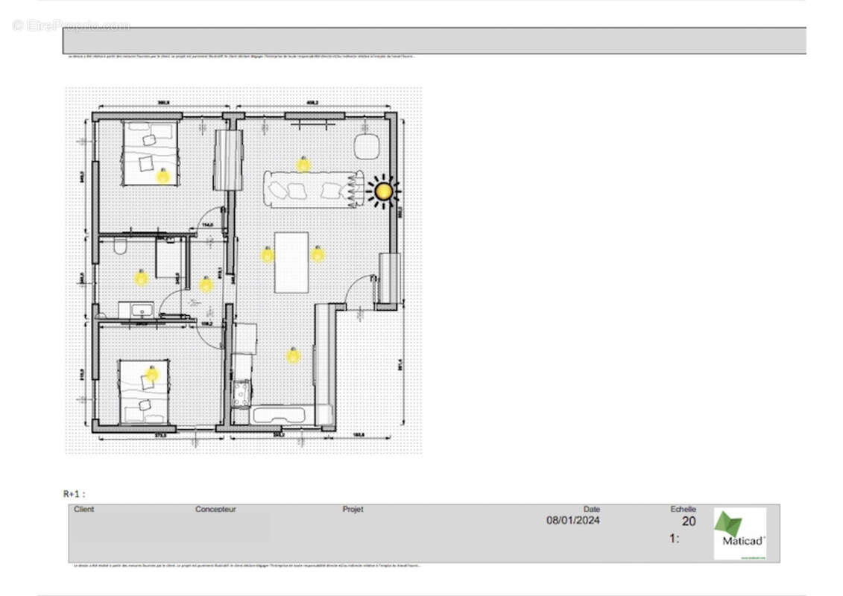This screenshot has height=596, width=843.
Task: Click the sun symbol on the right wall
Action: click(x=383, y=191)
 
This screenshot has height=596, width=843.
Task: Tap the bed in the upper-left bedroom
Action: click(x=149, y=153)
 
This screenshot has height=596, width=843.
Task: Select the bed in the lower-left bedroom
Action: click(x=145, y=391)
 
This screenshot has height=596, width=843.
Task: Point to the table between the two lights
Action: click(x=291, y=262)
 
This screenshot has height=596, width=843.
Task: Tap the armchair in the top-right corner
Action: click(x=367, y=146)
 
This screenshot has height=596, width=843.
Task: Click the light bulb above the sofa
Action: click(x=303, y=164)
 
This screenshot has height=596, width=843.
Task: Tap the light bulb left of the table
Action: click(x=267, y=255)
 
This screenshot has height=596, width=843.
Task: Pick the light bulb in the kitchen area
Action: click(x=293, y=355)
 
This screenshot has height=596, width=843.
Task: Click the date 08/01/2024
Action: click(x=572, y=521)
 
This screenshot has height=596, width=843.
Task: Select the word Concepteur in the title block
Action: click(x=215, y=510)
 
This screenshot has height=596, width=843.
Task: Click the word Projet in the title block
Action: click(x=353, y=510)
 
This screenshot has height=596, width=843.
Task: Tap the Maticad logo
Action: click(x=739, y=533)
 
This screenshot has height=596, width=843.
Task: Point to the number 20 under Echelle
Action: click(x=689, y=521)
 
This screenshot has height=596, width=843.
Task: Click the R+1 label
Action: click(x=74, y=493)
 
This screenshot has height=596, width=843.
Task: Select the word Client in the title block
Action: click(x=84, y=510)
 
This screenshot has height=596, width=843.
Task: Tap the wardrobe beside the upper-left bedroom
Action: click(x=228, y=159)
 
